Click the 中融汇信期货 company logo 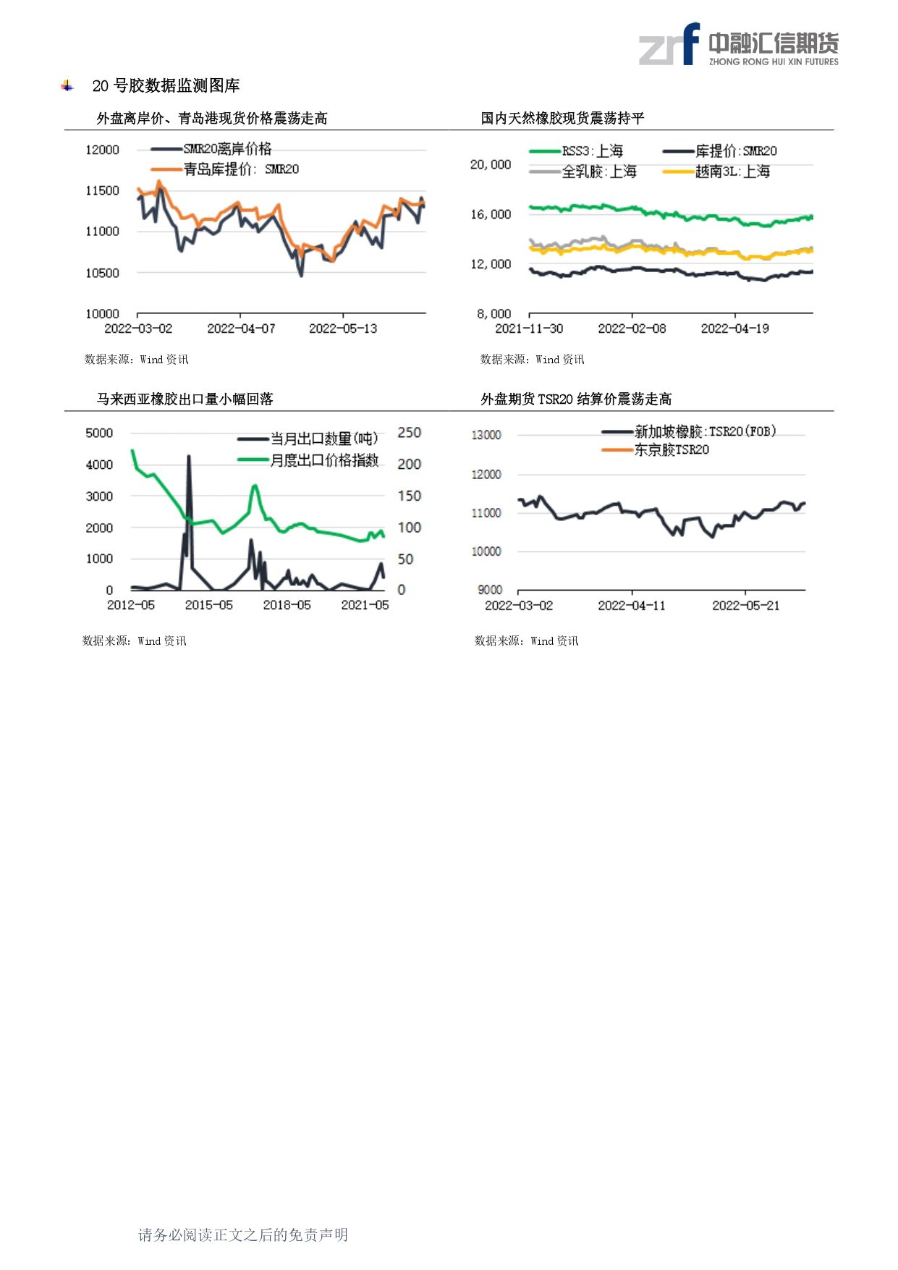coord(738,45)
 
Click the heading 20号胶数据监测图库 coord(166,86)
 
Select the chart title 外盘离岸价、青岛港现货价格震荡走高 coord(212,118)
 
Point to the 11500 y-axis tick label coord(102,190)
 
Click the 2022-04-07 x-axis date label coord(241,329)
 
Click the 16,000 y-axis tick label coord(491,214)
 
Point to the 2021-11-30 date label coord(529,329)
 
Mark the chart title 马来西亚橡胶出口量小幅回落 coord(185,399)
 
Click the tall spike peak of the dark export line coord(189,456)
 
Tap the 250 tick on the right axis coord(410,433)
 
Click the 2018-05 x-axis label coord(287,605)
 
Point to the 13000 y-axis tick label coord(486,435)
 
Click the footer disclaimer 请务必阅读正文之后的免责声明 coord(243,1235)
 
